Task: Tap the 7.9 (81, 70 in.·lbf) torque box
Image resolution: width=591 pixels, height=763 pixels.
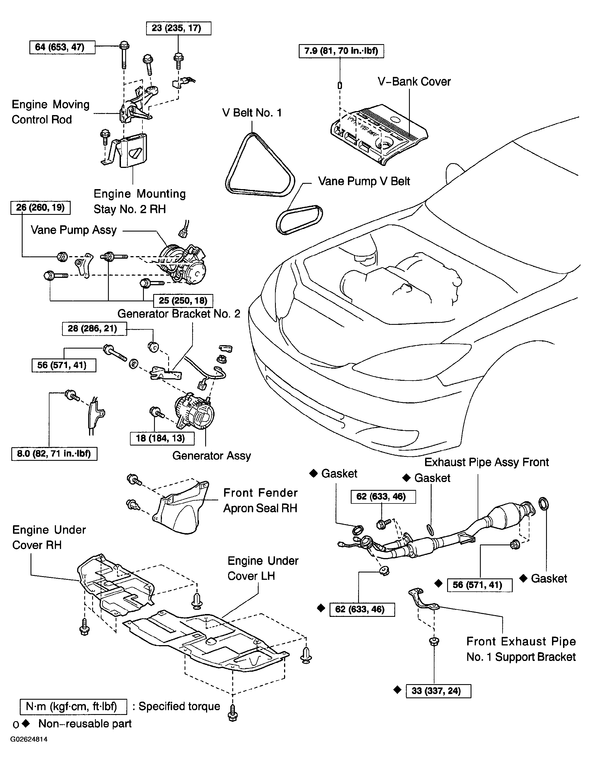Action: coord(341,51)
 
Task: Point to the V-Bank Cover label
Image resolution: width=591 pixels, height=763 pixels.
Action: coord(414,82)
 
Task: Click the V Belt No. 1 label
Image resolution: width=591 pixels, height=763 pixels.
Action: coord(252,113)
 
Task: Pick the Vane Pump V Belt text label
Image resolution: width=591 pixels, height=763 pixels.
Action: coord(364,181)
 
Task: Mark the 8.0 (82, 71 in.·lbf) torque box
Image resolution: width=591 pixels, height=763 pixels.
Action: coord(54,454)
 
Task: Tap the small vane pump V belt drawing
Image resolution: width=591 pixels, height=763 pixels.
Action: coord(299,220)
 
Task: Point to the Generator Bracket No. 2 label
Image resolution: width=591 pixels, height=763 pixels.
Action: coord(179,314)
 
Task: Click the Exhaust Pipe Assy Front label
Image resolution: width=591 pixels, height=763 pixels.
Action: coord(486,462)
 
